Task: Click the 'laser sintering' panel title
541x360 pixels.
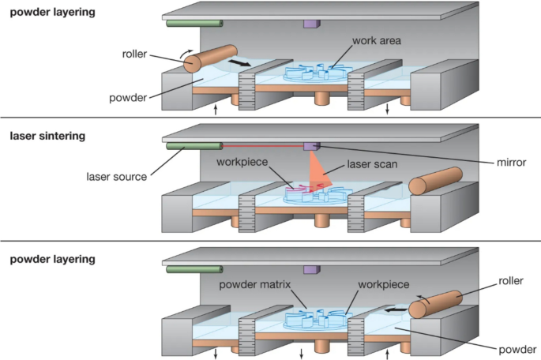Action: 47,136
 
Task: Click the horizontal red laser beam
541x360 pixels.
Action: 261,145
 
